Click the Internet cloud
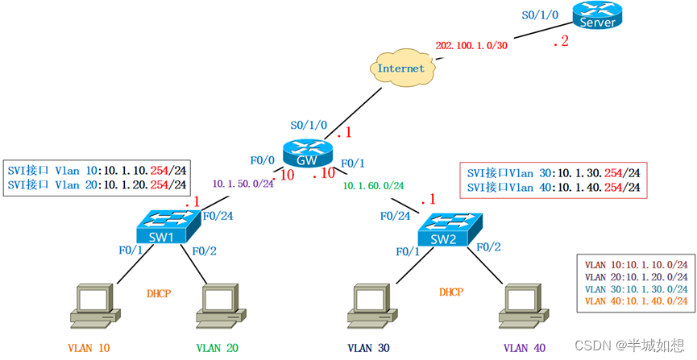[x=400, y=68]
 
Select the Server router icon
[x=597, y=16]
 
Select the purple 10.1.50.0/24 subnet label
[x=243, y=184]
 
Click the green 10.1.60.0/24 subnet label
[x=375, y=187]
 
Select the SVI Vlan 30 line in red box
[x=554, y=172]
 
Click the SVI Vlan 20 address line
[x=97, y=184]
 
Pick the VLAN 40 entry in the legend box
[x=636, y=301]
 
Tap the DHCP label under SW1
[x=159, y=294]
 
